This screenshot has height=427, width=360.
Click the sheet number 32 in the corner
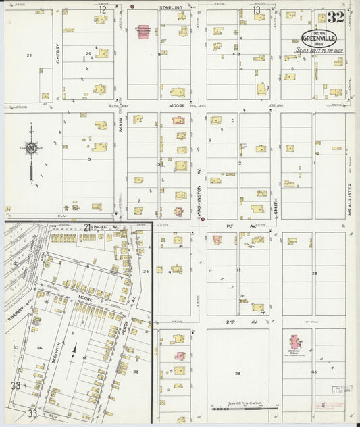pos(336,18)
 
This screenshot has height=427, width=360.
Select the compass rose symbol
pos(30,147)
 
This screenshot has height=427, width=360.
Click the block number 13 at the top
pos(256,10)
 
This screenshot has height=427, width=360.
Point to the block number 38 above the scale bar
pos(238,373)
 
